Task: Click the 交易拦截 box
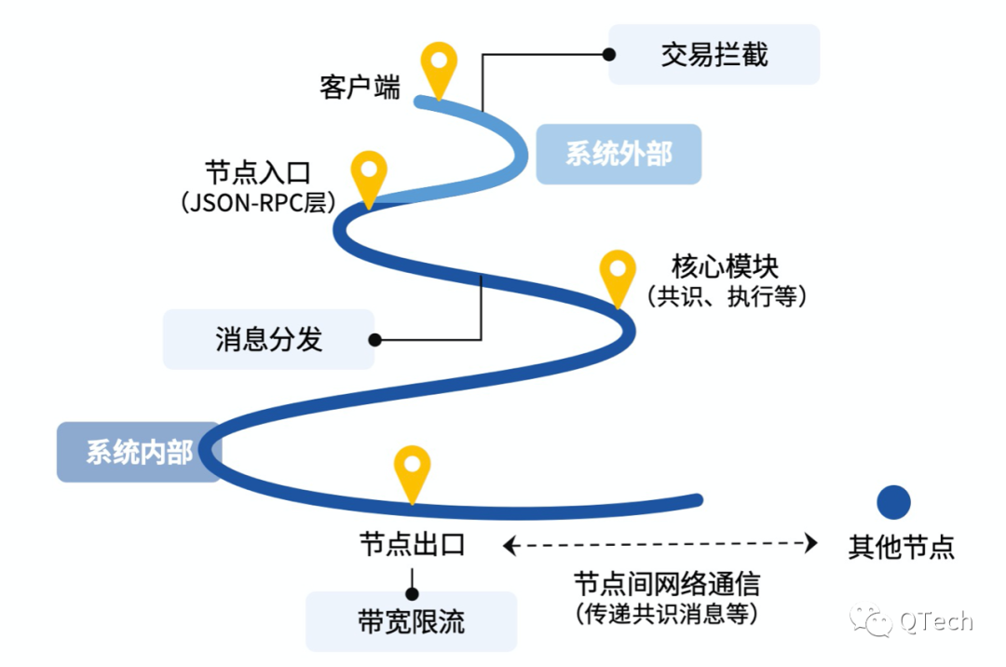(x=714, y=55)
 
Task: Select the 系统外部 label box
(x=619, y=154)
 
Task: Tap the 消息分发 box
(x=269, y=339)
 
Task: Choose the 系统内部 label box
(x=139, y=453)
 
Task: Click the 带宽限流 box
(x=411, y=621)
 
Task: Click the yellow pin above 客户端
(x=439, y=65)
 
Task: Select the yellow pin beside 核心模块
(x=617, y=273)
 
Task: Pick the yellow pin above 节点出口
(x=412, y=470)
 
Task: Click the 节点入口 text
(x=257, y=173)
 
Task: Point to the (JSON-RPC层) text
(x=257, y=202)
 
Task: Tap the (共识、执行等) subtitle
(x=727, y=296)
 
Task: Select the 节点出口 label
(x=412, y=545)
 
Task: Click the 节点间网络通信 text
(x=666, y=584)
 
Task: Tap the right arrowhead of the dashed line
(x=811, y=543)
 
